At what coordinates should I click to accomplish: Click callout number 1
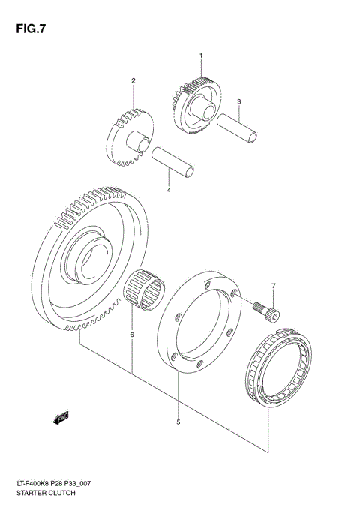pyautogui.click(x=201, y=56)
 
